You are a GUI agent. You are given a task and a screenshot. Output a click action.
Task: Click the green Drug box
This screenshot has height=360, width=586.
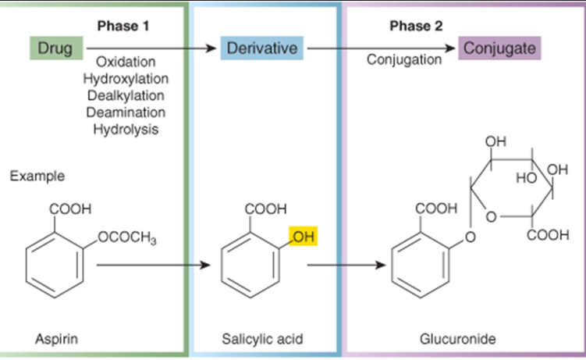[55, 48]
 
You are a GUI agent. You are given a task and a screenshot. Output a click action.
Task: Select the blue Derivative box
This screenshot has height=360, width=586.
[261, 48]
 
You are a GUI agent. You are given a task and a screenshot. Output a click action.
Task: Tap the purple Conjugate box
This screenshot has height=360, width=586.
[499, 48]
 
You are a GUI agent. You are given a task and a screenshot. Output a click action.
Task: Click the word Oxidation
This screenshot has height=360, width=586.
[126, 62]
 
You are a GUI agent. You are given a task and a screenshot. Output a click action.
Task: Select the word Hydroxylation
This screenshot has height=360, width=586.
[126, 79]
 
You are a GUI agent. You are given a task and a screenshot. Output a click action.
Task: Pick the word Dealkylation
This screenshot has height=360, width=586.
[126, 95]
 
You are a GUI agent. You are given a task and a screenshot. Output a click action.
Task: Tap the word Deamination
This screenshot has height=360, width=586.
[126, 112]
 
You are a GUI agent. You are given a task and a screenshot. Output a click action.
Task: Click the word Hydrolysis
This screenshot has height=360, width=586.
[126, 129]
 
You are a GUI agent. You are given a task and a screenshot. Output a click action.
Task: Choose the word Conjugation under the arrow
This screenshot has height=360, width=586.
[405, 60]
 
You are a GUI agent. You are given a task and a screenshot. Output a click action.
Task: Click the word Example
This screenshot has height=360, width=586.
[37, 176]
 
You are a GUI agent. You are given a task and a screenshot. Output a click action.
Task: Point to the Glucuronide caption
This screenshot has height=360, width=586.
[456, 340]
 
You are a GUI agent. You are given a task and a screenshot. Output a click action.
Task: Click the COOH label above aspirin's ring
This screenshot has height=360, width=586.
[70, 209]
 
